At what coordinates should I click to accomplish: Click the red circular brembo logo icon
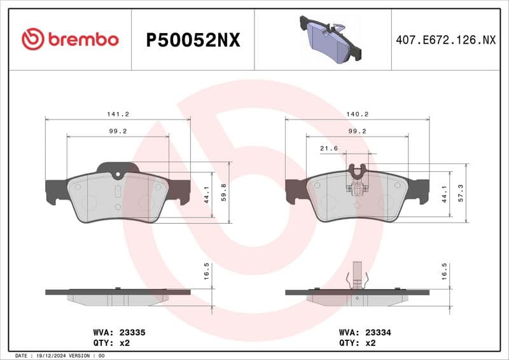tap(32, 39)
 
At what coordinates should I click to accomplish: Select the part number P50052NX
tap(193, 40)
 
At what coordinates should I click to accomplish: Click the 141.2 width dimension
tap(118, 114)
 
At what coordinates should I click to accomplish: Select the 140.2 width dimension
tap(358, 114)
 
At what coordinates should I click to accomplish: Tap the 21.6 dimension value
tap(328, 148)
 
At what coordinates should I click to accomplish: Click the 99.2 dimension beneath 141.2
tap(118, 131)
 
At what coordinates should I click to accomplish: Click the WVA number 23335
tap(133, 332)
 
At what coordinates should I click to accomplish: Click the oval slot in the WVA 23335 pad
tap(118, 192)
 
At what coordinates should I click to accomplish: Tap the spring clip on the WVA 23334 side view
tap(358, 277)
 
